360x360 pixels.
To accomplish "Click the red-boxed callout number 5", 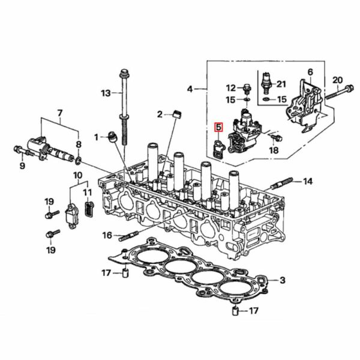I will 218,127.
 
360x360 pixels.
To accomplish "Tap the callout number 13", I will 106,93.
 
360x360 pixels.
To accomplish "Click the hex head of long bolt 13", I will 124,75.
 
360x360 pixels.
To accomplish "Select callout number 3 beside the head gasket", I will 283,280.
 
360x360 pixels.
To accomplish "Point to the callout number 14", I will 308,181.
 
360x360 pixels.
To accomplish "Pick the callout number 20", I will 337,80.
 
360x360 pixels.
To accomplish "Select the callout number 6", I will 310,72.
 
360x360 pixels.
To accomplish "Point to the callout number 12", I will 231,88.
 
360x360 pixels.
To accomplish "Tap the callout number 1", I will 96,137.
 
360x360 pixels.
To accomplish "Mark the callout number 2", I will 160,114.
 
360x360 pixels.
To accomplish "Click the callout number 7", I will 59,113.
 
